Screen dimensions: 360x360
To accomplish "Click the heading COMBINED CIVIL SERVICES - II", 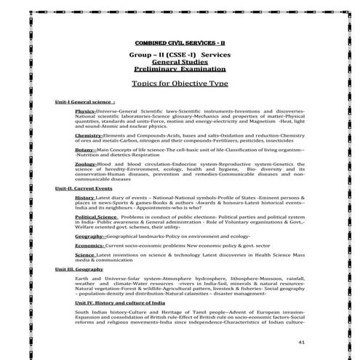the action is (x=180, y=44).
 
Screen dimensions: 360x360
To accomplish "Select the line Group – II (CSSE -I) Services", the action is (x=180, y=55).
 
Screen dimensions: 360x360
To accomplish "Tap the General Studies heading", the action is (x=180, y=63).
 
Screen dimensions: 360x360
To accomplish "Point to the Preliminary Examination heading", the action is (x=180, y=70).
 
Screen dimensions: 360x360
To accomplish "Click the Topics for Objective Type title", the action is (x=180, y=84).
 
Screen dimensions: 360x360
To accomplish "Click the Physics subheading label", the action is (x=84, y=111).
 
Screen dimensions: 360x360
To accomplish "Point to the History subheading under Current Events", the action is (x=84, y=197).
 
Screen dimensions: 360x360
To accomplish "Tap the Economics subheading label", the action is (x=89, y=246).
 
